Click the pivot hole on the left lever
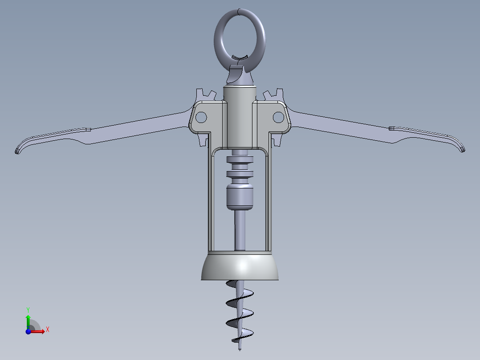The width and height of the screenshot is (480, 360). (x=201, y=117)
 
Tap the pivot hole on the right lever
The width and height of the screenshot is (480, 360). (x=278, y=117)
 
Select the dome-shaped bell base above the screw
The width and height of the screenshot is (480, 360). (x=240, y=267)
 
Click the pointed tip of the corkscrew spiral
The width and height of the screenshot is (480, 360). (x=240, y=350)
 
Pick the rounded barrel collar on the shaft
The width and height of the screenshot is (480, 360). (x=240, y=197)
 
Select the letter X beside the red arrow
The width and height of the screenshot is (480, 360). (x=47, y=330)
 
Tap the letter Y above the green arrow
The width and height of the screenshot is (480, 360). (x=28, y=309)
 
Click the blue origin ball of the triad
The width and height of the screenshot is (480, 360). (x=28, y=331)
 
